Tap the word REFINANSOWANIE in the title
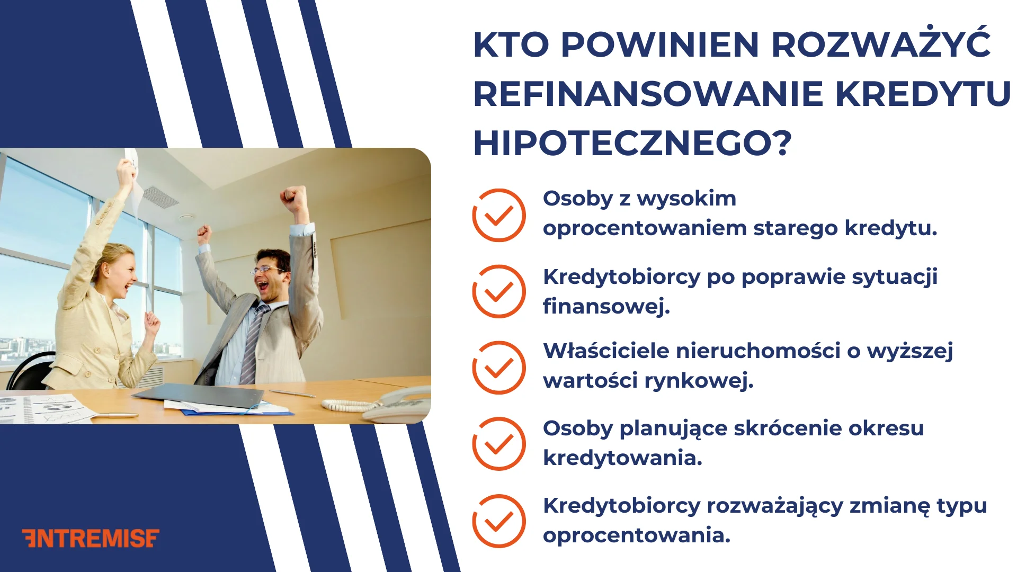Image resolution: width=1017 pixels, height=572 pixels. click(648, 94)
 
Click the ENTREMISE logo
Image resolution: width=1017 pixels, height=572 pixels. click(91, 538)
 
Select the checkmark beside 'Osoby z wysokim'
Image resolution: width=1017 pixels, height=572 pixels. click(499, 216)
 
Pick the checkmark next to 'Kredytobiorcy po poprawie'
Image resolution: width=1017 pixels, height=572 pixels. click(499, 291)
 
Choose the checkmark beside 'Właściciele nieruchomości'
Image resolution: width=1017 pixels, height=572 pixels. click(499, 368)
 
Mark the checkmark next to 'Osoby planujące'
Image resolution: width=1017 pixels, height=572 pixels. click(499, 444)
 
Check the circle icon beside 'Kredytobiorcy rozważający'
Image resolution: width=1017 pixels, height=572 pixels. click(499, 521)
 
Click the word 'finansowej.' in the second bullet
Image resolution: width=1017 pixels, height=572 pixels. click(606, 306)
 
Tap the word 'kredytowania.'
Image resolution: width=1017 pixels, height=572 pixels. click(622, 458)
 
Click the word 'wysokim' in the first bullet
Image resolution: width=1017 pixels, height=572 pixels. click(686, 199)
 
